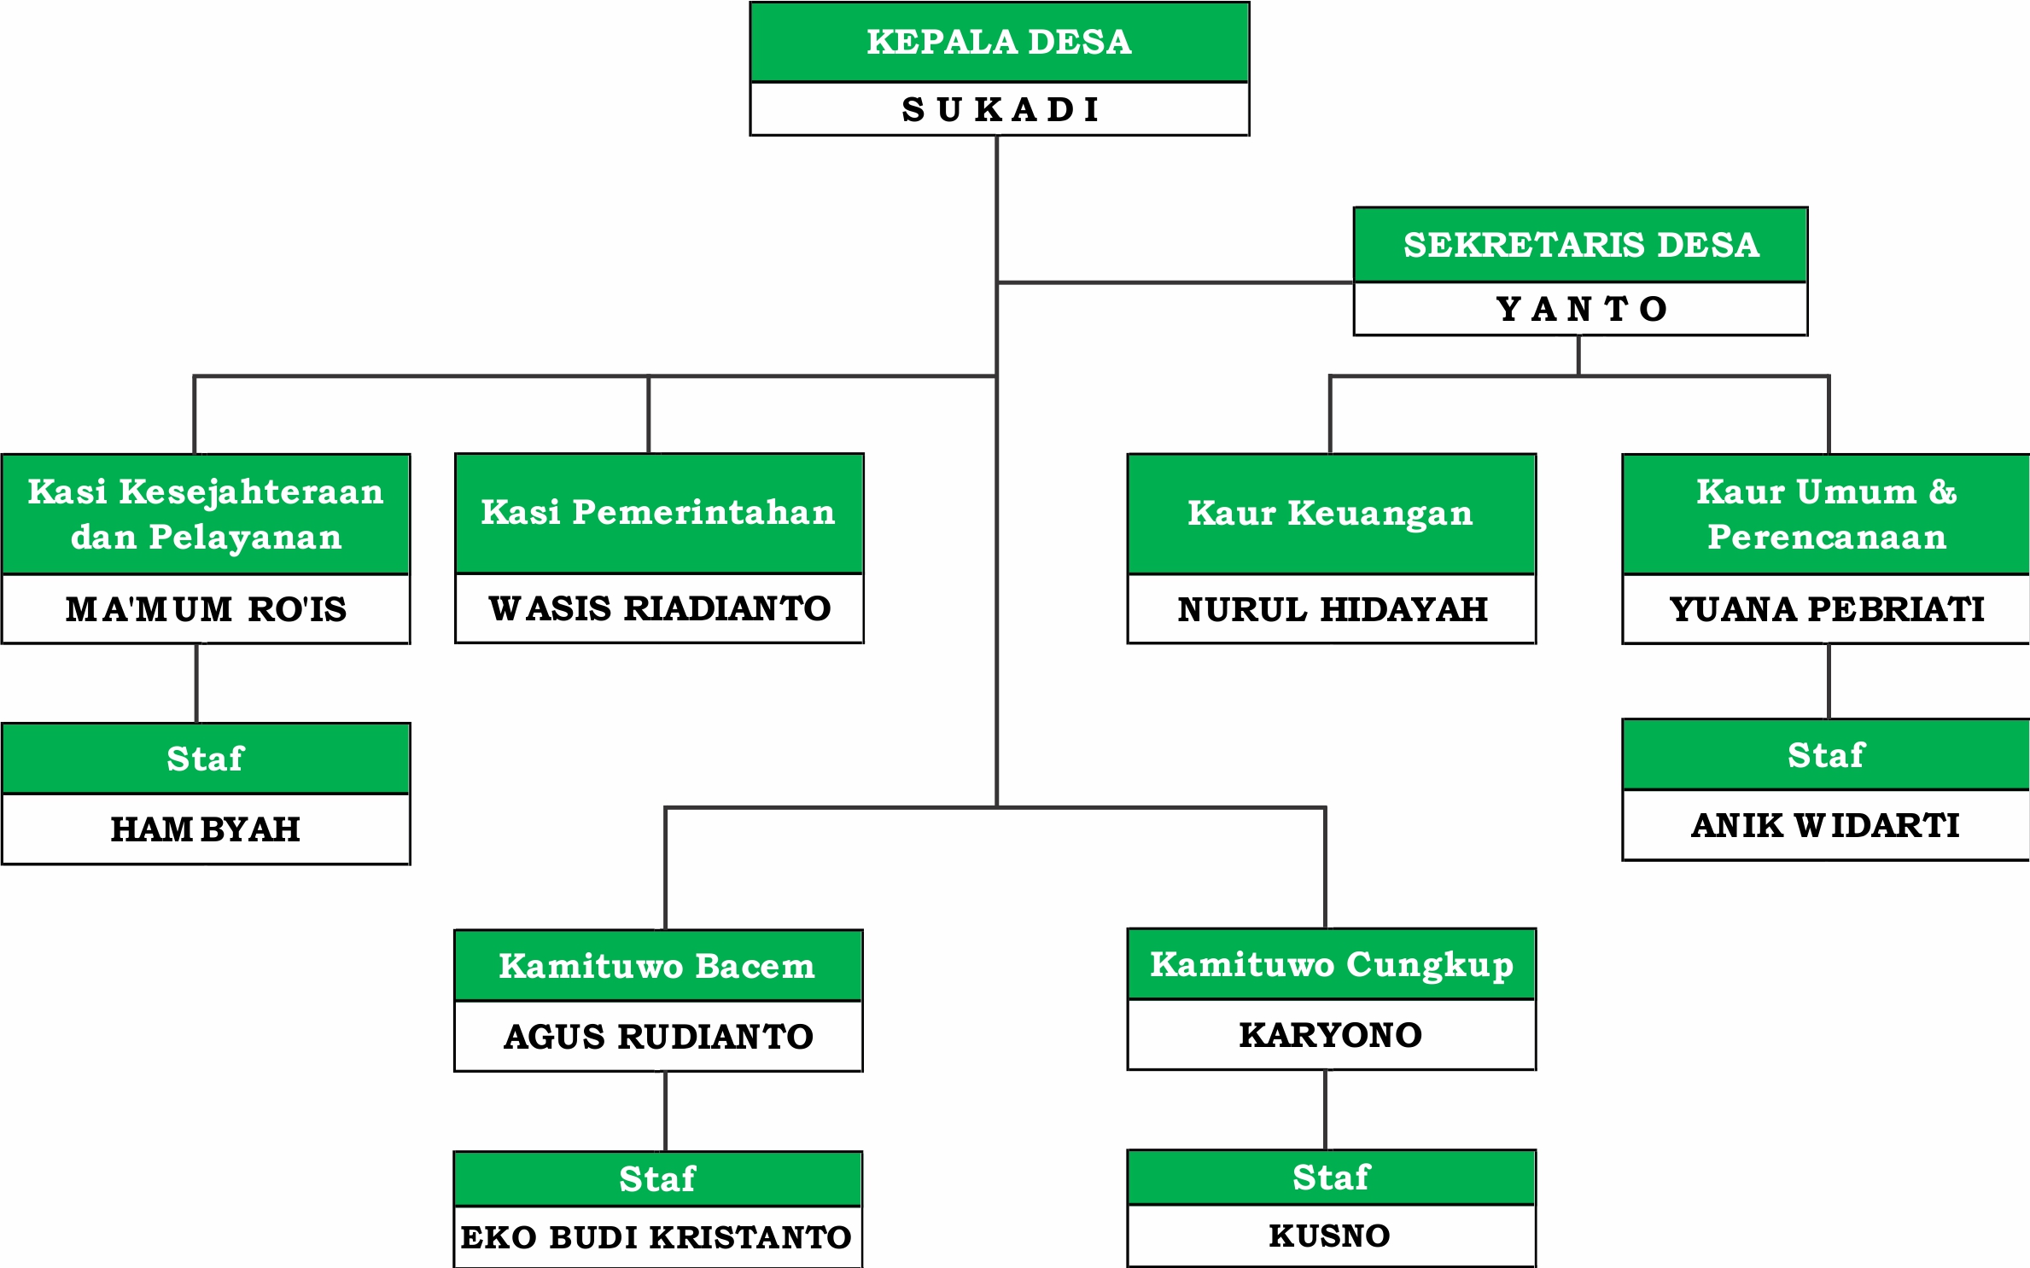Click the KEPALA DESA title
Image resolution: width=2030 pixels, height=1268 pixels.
point(999,42)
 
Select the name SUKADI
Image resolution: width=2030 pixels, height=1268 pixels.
point(1000,110)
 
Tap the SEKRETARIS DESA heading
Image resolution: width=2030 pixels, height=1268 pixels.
point(1581,245)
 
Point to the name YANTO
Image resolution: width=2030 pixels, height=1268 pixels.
point(1581,309)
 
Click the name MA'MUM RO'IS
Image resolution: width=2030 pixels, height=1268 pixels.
point(206,608)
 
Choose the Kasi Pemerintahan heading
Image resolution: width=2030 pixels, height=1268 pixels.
point(658,512)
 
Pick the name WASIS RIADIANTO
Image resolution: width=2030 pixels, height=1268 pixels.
point(660,608)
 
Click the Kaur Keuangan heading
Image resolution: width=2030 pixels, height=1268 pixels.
point(1331,514)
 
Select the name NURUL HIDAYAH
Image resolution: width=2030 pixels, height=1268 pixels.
point(1333,609)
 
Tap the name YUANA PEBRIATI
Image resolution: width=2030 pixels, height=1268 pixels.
point(1827,609)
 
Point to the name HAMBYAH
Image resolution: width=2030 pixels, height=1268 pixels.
point(206,829)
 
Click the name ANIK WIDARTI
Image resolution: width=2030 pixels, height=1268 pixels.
point(1825,825)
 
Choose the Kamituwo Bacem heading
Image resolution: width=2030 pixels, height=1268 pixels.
point(657,966)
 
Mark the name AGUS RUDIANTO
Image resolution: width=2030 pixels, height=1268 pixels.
point(658,1037)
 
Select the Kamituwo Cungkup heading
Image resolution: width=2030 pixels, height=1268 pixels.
point(1332,965)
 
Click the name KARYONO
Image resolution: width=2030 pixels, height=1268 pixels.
point(1331,1035)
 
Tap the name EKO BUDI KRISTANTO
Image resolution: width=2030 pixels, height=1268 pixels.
point(656,1237)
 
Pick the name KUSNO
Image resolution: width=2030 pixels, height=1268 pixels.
point(1330,1236)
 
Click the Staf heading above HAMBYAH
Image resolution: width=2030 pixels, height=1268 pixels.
point(206,759)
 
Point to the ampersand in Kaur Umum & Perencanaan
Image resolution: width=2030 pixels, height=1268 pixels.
point(1942,491)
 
